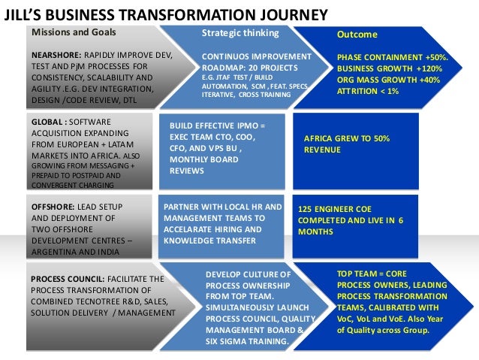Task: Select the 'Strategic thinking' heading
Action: (240, 34)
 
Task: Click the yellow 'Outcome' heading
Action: (357, 35)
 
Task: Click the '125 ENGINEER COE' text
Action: (335, 208)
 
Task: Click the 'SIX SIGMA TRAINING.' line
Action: (247, 341)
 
